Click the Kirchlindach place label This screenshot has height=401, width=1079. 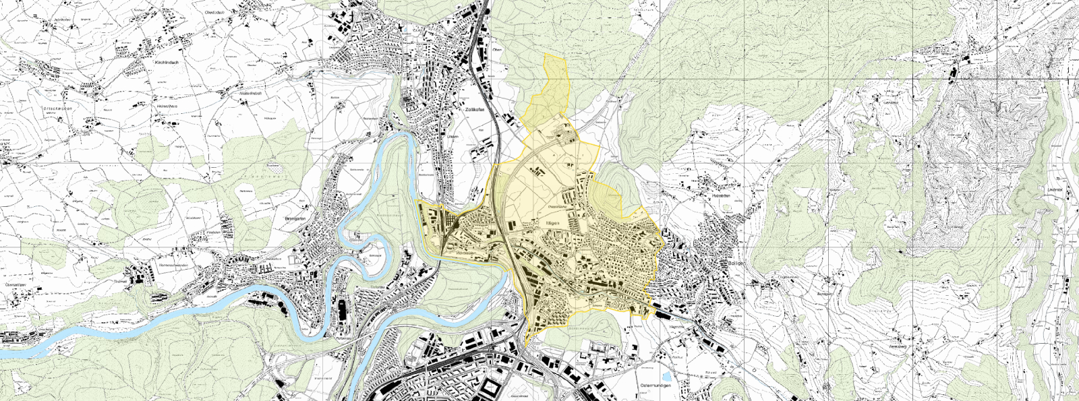click(x=166, y=62)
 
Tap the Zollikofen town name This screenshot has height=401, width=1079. click(x=475, y=109)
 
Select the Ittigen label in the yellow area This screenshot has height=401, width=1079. click(x=552, y=223)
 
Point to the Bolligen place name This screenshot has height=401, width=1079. click(x=737, y=263)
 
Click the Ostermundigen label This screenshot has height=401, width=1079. click(x=655, y=385)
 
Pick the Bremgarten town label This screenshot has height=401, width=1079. click(x=295, y=219)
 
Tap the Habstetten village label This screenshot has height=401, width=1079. click(x=721, y=195)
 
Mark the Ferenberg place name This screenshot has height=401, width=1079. click(x=897, y=346)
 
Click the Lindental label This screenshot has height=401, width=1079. click(x=1055, y=191)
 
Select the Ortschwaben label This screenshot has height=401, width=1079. click(x=58, y=109)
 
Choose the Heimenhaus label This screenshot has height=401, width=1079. click(x=167, y=106)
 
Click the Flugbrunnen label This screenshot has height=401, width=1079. click(x=788, y=276)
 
